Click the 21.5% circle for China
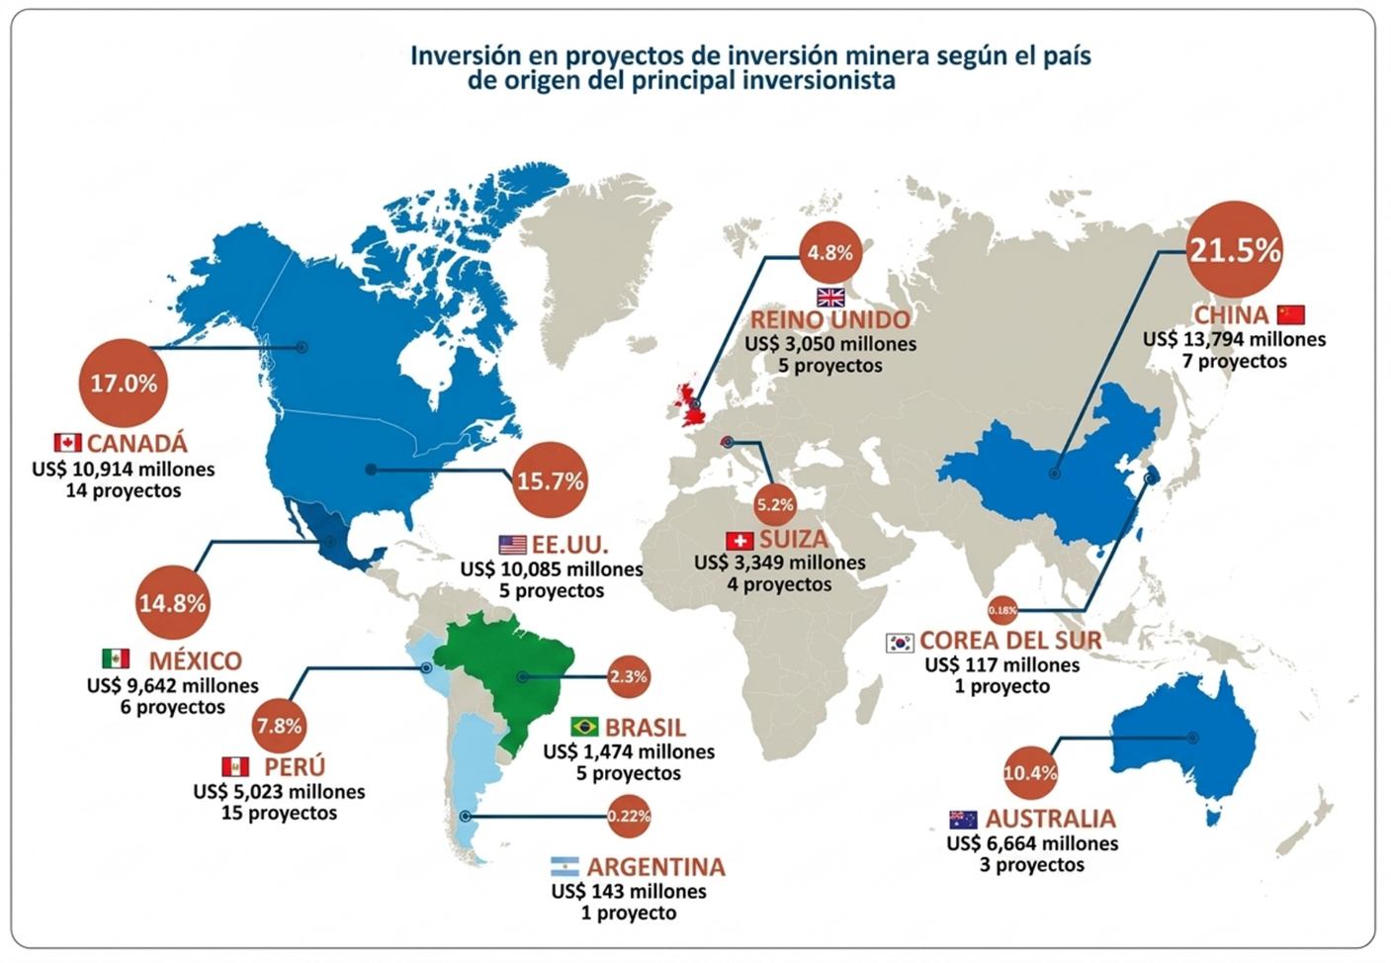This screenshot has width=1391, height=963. coord(1234,249)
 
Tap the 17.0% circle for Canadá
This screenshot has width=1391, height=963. coord(124,383)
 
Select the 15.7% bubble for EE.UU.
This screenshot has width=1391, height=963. coord(551,480)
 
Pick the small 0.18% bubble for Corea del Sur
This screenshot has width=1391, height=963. coord(1002,610)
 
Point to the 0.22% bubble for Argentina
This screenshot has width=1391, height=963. coord(629,816)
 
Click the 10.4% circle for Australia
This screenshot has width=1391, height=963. coord(1030,773)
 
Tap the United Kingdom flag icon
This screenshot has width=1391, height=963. coord(830,298)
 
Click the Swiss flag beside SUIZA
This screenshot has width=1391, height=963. coord(739,541)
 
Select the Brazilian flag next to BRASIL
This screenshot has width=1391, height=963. coord(584,727)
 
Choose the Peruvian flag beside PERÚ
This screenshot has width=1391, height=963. coord(235,767)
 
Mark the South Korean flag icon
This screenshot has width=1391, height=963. coord(900,643)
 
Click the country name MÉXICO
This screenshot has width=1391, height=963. coord(196,660)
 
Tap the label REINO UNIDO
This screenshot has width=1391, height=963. coord(830,319)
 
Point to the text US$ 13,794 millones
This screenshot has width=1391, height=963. coord(1235,340)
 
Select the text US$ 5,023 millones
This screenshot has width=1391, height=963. coord(279,792)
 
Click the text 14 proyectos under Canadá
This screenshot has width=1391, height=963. coord(124,490)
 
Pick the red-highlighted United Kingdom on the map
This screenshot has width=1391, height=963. coord(690,404)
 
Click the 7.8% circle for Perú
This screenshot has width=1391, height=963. coord(280,725)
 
